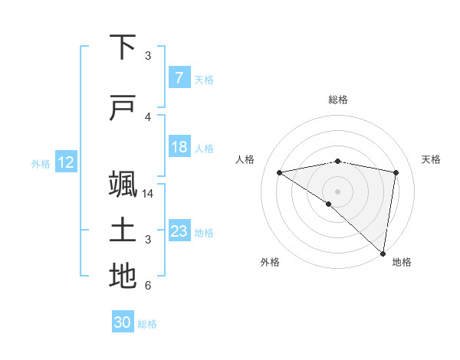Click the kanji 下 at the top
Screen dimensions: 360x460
pos(123,47)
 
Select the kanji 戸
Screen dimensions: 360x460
pos(123,108)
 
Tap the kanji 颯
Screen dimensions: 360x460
pos(123,185)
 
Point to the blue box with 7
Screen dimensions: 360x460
pos(179,78)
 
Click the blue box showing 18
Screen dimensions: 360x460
pos(179,147)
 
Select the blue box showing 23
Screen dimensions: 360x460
pos(179,231)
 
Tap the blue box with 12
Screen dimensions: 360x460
pos(65,162)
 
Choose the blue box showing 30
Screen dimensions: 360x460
pos(123,322)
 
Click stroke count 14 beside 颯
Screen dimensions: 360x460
pos(149,193)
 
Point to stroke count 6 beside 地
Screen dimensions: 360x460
pos(148,286)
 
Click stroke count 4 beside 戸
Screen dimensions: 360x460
pos(148,116)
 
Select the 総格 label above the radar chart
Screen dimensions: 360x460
pos(337,100)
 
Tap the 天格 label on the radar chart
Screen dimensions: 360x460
pos(431,159)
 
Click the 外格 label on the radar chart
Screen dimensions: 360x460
pos(270,263)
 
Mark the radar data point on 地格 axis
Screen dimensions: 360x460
pos(383,253)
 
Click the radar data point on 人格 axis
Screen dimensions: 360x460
pos(280,172)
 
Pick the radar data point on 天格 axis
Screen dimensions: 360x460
pos(396,172)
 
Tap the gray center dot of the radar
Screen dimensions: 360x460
pos(337,191)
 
